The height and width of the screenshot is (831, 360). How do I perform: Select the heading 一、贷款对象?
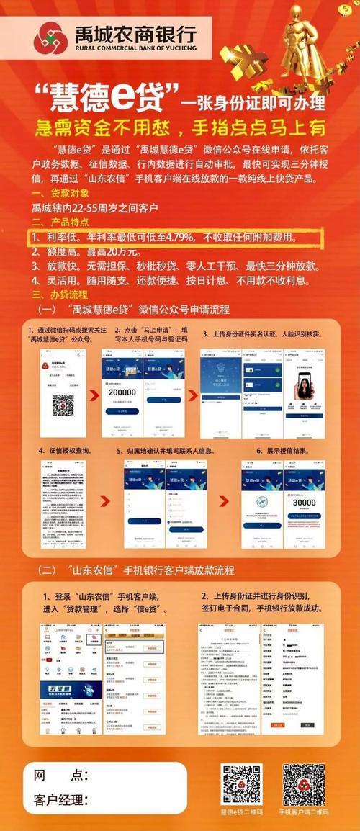tap(60, 193)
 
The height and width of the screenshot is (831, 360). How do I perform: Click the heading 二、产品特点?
tap(60, 223)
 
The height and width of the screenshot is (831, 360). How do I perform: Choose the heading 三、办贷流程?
tap(60, 295)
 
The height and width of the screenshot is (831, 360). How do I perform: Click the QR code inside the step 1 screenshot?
tap(63, 405)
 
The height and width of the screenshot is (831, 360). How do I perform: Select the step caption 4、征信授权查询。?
tap(64, 450)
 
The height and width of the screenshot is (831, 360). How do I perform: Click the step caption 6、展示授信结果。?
tap(286, 450)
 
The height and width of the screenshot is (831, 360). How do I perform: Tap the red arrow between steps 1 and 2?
tap(94, 395)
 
